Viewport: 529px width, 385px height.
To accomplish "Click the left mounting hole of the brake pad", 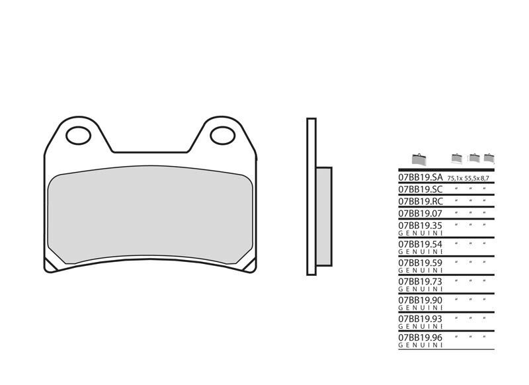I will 79,136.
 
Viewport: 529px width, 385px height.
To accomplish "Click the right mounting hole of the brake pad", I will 222,136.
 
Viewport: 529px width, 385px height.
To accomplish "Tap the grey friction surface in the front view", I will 151,214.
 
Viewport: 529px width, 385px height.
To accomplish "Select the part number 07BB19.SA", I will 420,178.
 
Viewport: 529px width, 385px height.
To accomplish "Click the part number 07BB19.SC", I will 420,189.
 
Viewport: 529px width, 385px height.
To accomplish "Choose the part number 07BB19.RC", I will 420,201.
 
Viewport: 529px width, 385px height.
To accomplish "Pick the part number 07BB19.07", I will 420,213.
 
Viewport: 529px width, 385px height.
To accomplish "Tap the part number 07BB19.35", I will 420,225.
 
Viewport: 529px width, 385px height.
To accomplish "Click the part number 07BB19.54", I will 420,243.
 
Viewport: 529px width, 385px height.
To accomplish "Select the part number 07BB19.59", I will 420,263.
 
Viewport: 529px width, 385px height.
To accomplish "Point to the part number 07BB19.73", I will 420,281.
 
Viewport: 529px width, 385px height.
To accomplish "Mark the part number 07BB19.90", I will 420,300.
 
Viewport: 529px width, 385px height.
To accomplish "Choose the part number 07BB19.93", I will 420,318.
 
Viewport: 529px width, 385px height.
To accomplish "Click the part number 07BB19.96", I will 420,337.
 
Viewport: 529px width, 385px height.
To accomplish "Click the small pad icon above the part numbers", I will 417,159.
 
